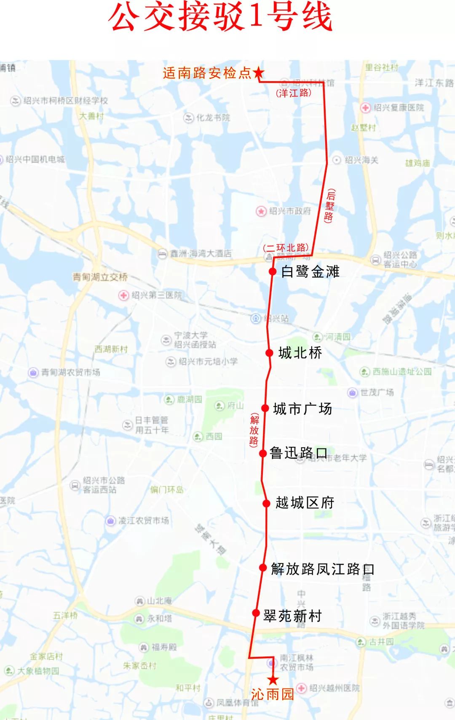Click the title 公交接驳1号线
pyautogui.click(x=221, y=18)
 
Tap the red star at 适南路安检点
pyautogui.click(x=258, y=73)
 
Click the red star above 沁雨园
pyautogui.click(x=273, y=679)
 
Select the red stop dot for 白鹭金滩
pyautogui.click(x=273, y=271)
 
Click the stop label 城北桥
pyautogui.click(x=300, y=353)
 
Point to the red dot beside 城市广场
pyautogui.click(x=265, y=408)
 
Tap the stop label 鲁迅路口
pyautogui.click(x=298, y=453)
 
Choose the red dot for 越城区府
pyautogui.click(x=266, y=503)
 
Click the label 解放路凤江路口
pyautogui.click(x=322, y=569)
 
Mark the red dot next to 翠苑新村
pyautogui.click(x=256, y=613)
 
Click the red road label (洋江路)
pyautogui.click(x=294, y=93)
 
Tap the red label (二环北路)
pyautogui.click(x=286, y=248)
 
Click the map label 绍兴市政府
pyautogui.click(x=289, y=211)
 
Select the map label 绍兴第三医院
pyautogui.click(x=156, y=295)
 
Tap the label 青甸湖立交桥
pyautogui.click(x=100, y=277)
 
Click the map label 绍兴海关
pyautogui.click(x=361, y=160)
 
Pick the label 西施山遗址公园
pyautogui.click(x=402, y=372)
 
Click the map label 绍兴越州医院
pyautogui.click(x=334, y=688)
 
